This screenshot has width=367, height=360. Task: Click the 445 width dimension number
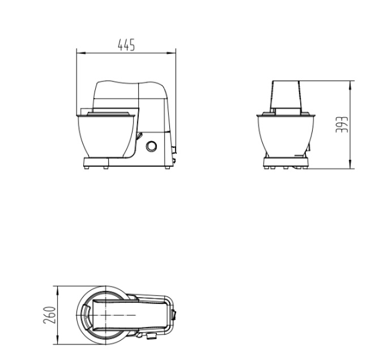126,45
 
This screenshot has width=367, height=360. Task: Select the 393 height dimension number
342,125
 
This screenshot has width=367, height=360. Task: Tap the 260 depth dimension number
50,315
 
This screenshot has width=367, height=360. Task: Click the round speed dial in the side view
151,146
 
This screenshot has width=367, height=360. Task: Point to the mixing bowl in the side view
106,136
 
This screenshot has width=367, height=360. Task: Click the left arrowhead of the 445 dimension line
80,53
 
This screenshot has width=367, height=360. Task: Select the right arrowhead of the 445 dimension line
172,53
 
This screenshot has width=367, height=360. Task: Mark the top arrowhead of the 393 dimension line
350,85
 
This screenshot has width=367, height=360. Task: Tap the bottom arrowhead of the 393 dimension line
350,164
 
